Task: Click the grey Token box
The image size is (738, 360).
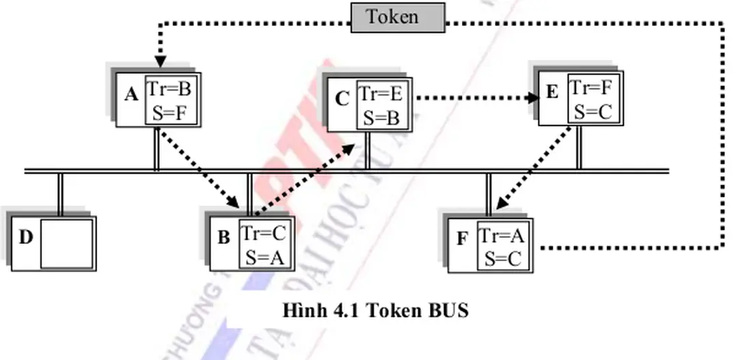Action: [398, 17]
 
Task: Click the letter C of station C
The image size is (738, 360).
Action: [342, 100]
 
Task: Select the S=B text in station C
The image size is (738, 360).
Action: [381, 118]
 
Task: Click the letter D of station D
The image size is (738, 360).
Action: [25, 237]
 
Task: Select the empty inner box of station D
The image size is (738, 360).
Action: [66, 244]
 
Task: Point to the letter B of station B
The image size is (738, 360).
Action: [223, 238]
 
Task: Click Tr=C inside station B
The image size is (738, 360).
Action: [262, 234]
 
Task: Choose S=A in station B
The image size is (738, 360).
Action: [264, 258]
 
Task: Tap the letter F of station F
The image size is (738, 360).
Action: [463, 239]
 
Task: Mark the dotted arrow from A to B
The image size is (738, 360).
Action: [199, 167]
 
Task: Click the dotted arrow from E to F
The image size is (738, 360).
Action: [534, 167]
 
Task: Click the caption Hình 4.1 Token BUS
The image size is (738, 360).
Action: [377, 311]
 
